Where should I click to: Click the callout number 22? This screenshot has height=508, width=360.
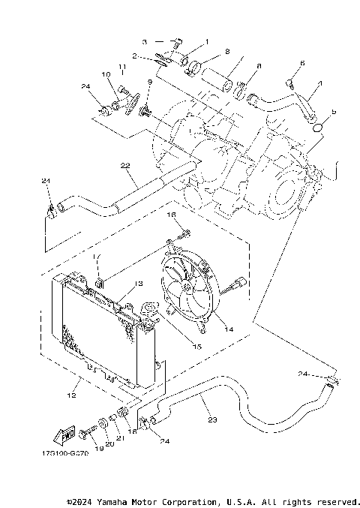pyautogui.click(x=124, y=166)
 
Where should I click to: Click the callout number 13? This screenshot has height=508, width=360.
pyautogui.click(x=138, y=284)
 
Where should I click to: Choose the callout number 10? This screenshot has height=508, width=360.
pyautogui.click(x=105, y=74)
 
